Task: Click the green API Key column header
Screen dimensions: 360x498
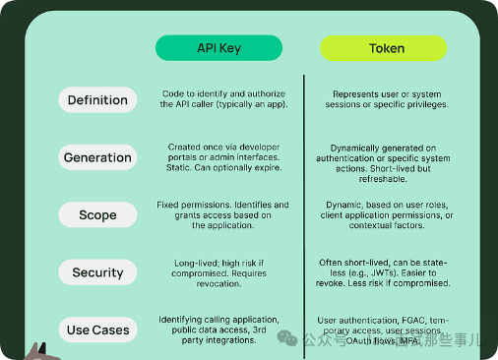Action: [218, 47]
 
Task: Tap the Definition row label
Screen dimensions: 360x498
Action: [97, 99]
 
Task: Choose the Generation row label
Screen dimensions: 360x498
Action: [97, 157]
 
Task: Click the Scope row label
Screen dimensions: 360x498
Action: [97, 214]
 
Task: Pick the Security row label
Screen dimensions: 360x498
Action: [97, 272]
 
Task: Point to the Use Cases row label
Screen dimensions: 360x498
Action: [97, 330]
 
